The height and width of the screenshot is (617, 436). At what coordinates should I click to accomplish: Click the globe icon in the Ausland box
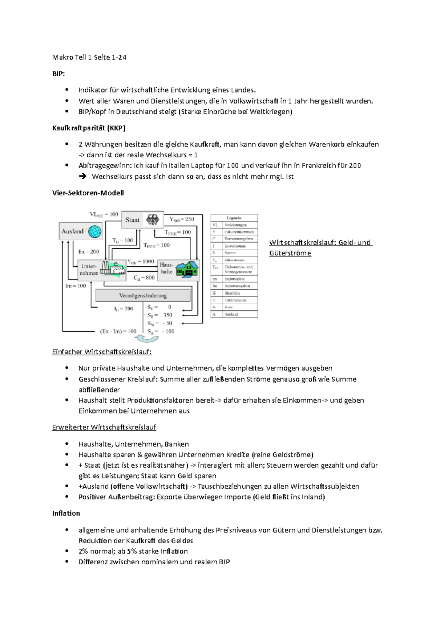coord(94,231)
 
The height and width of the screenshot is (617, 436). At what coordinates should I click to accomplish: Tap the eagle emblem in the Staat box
coord(153,219)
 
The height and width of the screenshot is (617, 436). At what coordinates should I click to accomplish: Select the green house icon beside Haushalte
coord(187,270)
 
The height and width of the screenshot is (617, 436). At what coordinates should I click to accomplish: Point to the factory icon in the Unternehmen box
coord(113,269)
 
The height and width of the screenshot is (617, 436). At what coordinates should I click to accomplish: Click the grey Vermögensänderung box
coord(143,295)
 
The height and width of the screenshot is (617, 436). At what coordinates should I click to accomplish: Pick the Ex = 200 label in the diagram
coord(89,251)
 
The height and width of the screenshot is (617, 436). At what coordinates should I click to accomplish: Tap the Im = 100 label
coord(76,286)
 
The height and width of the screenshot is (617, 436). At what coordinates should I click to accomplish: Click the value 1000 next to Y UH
coord(148,261)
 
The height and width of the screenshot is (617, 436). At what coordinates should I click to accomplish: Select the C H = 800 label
coord(144,278)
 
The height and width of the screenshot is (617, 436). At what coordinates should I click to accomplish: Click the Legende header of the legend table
coord(234,218)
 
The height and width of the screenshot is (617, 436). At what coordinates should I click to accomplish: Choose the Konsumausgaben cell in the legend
coord(238,239)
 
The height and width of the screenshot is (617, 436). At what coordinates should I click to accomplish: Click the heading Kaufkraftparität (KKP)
coord(89,128)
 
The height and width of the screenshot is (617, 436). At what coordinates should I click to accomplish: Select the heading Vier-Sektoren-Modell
coord(88,193)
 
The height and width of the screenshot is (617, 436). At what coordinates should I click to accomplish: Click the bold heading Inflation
coord(66,513)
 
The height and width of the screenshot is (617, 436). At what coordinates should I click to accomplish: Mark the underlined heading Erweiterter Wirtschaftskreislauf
coord(104,427)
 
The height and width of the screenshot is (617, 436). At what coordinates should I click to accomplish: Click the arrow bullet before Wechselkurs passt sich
coord(82,177)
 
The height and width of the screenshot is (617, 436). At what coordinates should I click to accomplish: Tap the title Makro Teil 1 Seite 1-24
coord(89,57)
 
